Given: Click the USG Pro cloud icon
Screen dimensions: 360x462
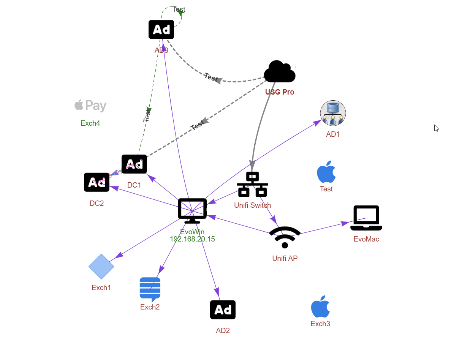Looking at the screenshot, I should (280, 71).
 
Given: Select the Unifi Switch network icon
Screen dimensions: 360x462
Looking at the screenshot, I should (253, 185).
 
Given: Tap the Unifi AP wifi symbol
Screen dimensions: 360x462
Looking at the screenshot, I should (285, 237).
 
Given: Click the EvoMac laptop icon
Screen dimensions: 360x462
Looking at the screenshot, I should (366, 218).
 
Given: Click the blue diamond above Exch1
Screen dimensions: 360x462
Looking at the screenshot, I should (101, 267).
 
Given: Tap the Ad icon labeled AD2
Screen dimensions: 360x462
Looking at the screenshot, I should (223, 310).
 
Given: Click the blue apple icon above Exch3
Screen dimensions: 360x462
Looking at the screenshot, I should (320, 306).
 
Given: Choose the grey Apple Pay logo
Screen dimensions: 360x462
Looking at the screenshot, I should (90, 106).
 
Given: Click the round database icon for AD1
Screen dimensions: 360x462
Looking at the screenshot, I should (333, 113).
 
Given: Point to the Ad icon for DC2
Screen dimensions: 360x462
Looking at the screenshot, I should (97, 182).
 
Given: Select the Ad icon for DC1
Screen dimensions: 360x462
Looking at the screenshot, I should (134, 164).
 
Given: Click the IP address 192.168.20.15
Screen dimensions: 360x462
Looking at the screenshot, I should (192, 239).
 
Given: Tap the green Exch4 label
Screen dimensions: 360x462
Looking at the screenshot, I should (90, 123).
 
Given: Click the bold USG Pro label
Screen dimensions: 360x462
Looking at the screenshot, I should (280, 92).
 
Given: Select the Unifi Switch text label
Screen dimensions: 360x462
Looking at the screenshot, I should (253, 205).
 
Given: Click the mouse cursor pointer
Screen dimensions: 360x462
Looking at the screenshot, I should (436, 128).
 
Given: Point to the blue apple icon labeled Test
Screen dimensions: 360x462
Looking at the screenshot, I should (326, 172).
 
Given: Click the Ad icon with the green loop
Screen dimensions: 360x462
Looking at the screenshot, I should (161, 30).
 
